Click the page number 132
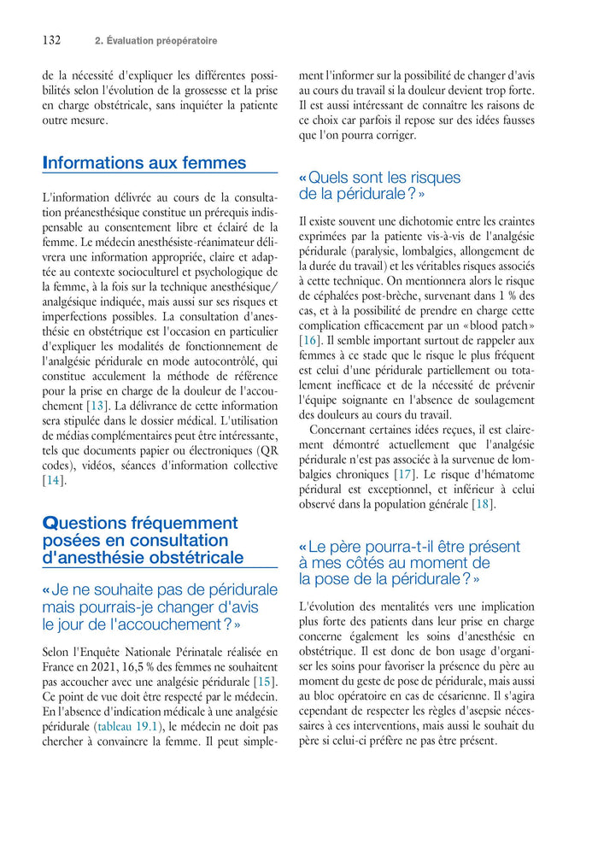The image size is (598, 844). click(x=51, y=40)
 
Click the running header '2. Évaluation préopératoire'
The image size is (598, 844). click(x=155, y=41)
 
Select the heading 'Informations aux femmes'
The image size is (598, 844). click(x=144, y=162)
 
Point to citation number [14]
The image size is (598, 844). click(x=53, y=480)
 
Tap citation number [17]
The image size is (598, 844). click(x=404, y=473)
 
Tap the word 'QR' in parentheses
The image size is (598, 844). click(x=266, y=450)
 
